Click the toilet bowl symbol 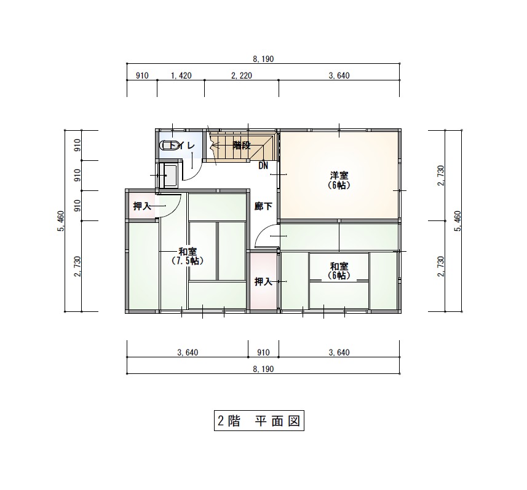click(x=168, y=146)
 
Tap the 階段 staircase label click(x=242, y=146)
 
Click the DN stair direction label click(x=263, y=165)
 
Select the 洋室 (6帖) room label click(x=339, y=181)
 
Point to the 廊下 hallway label click(x=263, y=206)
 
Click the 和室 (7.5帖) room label click(x=188, y=256)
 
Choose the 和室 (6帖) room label click(x=339, y=271)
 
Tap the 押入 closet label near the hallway click(x=263, y=282)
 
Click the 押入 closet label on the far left click(x=142, y=206)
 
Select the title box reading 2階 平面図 click(x=259, y=421)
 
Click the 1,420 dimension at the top click(x=181, y=76)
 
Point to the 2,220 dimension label click(x=242, y=76)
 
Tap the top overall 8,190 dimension click(x=263, y=59)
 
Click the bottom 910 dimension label click(x=263, y=352)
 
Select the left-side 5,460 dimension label click(x=60, y=221)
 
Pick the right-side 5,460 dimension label click(x=458, y=221)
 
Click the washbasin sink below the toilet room click(x=169, y=176)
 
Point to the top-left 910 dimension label click(x=142, y=76)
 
